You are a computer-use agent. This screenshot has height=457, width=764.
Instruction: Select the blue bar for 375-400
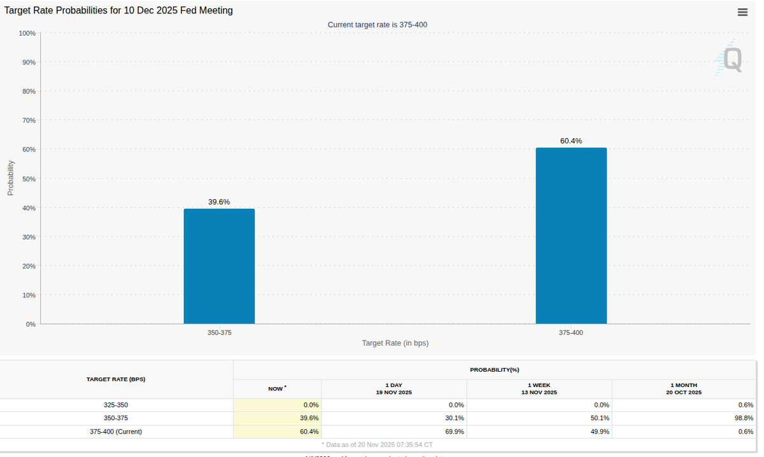(x=571, y=236)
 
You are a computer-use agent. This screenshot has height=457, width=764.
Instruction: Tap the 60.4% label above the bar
(x=571, y=141)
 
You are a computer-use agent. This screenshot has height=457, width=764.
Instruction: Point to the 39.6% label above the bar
(x=219, y=202)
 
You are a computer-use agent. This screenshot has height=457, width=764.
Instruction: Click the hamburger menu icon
(x=742, y=12)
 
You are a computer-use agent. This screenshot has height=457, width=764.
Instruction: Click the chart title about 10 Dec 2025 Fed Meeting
(x=119, y=10)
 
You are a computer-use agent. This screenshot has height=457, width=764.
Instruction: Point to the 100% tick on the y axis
(x=27, y=33)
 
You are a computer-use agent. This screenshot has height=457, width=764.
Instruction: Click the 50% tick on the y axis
(x=29, y=179)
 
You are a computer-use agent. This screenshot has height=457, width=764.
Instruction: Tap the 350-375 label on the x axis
(x=219, y=333)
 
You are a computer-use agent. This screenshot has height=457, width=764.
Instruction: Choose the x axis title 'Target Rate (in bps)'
(x=395, y=343)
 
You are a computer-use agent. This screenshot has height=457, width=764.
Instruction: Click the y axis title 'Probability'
(x=10, y=178)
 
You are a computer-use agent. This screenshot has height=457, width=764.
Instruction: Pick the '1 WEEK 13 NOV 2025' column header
(x=539, y=389)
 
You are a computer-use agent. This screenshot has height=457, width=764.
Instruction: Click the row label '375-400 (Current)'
(x=116, y=432)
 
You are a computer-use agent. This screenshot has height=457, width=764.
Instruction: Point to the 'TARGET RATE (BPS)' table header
(x=116, y=379)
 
